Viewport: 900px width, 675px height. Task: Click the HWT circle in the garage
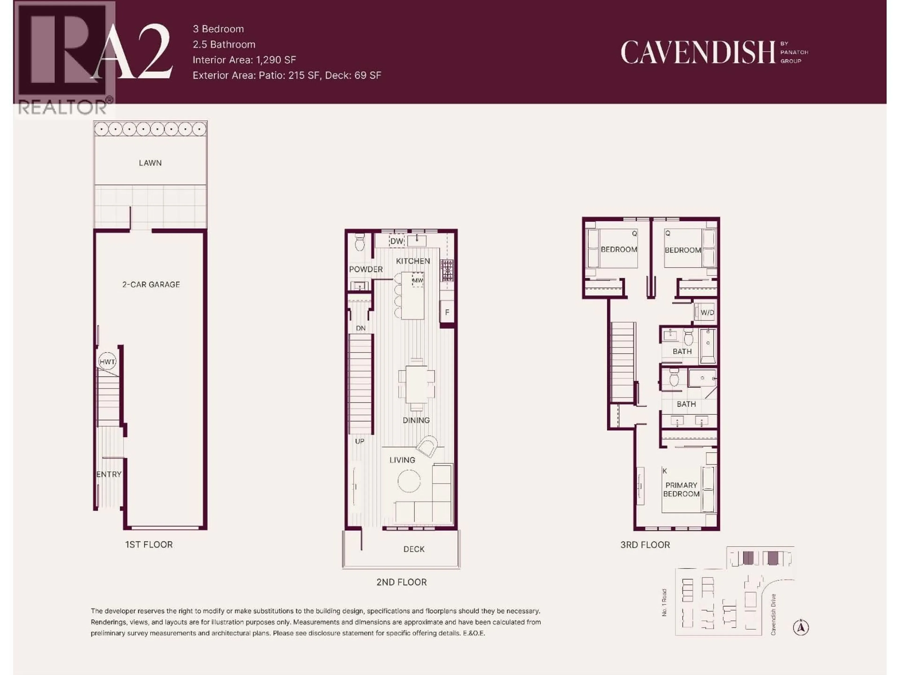pyautogui.click(x=107, y=361)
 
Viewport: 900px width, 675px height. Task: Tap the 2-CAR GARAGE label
pyautogui.click(x=151, y=284)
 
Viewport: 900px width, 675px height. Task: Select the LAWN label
pyautogui.click(x=150, y=163)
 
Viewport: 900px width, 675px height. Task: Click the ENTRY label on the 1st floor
pyautogui.click(x=109, y=474)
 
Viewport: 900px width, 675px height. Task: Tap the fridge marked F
pyautogui.click(x=447, y=312)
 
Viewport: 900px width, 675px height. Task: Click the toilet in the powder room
pyautogui.click(x=360, y=243)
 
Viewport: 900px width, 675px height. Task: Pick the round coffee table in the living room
pyautogui.click(x=409, y=481)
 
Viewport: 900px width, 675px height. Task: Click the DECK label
pyautogui.click(x=414, y=549)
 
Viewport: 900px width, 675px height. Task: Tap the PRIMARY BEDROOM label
pyautogui.click(x=681, y=489)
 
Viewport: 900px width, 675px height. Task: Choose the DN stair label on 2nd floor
pyautogui.click(x=360, y=328)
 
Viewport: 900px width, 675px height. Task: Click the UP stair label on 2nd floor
pyautogui.click(x=360, y=441)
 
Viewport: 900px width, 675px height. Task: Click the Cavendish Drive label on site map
pyautogui.click(x=773, y=614)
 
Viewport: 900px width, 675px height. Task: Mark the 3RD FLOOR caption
pyautogui.click(x=645, y=544)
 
